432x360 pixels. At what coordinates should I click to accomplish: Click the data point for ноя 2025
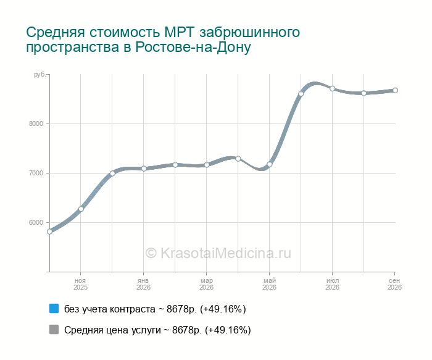coord(81,209)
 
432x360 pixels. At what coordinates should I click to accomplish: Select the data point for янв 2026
coord(144,169)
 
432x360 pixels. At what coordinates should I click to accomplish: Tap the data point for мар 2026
coord(207,165)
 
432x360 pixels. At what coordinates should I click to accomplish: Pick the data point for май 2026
coord(270,164)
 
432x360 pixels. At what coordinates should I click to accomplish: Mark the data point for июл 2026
coord(332,88)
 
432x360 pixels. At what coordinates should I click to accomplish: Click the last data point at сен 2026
coord(395,90)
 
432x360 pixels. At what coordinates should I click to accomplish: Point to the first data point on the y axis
coord(49,232)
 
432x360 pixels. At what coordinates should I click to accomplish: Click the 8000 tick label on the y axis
coord(36,123)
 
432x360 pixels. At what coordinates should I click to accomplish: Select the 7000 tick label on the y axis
coord(36,173)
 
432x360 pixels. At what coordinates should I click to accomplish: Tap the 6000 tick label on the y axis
coord(36,222)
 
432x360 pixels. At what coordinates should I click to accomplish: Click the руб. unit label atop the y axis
coord(39,75)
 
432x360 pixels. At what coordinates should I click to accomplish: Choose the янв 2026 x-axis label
coord(143,284)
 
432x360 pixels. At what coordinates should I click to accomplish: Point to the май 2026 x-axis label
coord(269,284)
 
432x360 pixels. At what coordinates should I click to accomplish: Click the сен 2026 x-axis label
coord(394,284)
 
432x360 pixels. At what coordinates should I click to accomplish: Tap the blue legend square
coord(54,309)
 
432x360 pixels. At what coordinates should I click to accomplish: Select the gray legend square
coord(54,329)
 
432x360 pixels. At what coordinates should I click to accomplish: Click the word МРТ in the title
coord(180,32)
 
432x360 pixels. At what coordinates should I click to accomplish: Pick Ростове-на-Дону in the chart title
coord(193,47)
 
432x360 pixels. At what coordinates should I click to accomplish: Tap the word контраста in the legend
coord(133,309)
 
